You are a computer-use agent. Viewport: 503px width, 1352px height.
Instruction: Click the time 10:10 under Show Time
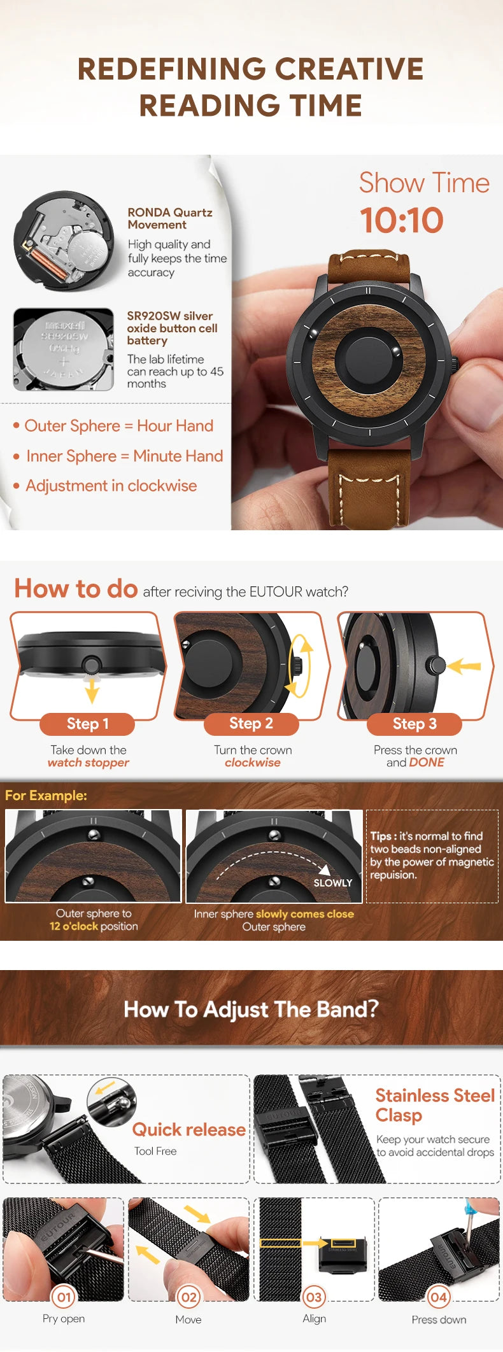[401, 220]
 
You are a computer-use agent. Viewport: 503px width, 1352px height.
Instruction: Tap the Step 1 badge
[88, 724]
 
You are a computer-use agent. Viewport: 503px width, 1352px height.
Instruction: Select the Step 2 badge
[251, 723]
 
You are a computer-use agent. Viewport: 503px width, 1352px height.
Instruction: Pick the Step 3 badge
[414, 724]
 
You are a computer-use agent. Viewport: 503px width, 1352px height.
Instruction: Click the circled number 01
[64, 1297]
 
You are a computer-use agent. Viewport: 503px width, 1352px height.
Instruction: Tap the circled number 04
[439, 1297]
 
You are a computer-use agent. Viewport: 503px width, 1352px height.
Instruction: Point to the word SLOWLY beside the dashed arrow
[332, 883]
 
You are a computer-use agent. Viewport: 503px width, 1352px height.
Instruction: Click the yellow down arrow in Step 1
[92, 689]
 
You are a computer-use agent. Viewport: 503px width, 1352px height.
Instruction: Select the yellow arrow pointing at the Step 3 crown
[464, 666]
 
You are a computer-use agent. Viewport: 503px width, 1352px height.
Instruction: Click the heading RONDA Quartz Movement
[170, 218]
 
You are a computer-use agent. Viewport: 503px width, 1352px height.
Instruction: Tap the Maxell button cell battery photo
[63, 349]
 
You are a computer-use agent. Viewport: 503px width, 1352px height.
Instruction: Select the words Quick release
[189, 1129]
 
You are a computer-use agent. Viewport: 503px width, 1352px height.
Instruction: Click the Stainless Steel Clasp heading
[435, 1105]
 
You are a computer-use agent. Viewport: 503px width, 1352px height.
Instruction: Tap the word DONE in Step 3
[427, 763]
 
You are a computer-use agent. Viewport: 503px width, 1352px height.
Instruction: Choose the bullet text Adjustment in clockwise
[111, 486]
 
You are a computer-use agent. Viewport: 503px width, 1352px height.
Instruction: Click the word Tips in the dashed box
[381, 836]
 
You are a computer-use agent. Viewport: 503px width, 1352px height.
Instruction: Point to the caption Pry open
[64, 1318]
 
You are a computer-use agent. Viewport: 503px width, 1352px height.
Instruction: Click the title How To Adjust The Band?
[251, 1009]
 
